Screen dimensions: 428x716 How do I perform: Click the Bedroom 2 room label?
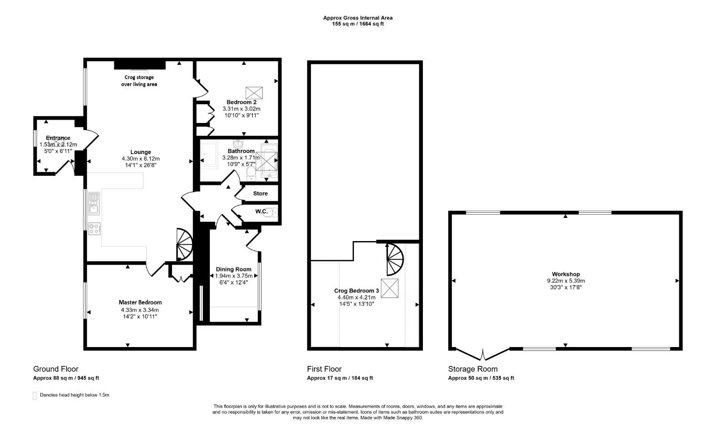(x=241, y=102)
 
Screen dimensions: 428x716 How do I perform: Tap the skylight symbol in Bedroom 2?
(x=254, y=93)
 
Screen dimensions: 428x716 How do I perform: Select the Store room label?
(x=260, y=194)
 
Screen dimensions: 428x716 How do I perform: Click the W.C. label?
(x=261, y=211)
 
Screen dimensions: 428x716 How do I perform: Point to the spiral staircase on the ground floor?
(x=184, y=245)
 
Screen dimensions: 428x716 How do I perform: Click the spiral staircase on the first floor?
(x=395, y=259)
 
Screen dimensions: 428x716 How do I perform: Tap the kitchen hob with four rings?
(x=94, y=229)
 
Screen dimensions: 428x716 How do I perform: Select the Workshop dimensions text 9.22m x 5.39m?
(x=566, y=281)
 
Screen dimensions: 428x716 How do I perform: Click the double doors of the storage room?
(x=482, y=355)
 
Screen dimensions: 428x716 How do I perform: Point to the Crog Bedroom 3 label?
(x=356, y=291)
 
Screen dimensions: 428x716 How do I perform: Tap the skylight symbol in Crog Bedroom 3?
(x=389, y=288)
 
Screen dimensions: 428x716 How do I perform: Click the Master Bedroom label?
(x=140, y=302)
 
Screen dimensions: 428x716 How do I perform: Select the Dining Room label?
(x=234, y=269)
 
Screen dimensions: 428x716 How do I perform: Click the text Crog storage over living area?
(x=139, y=81)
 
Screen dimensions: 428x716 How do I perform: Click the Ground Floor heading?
(x=55, y=369)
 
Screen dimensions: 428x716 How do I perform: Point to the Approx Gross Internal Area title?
(x=358, y=18)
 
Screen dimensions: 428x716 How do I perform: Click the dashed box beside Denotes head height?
(x=34, y=396)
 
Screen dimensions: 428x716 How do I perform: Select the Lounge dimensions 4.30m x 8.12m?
(x=141, y=158)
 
